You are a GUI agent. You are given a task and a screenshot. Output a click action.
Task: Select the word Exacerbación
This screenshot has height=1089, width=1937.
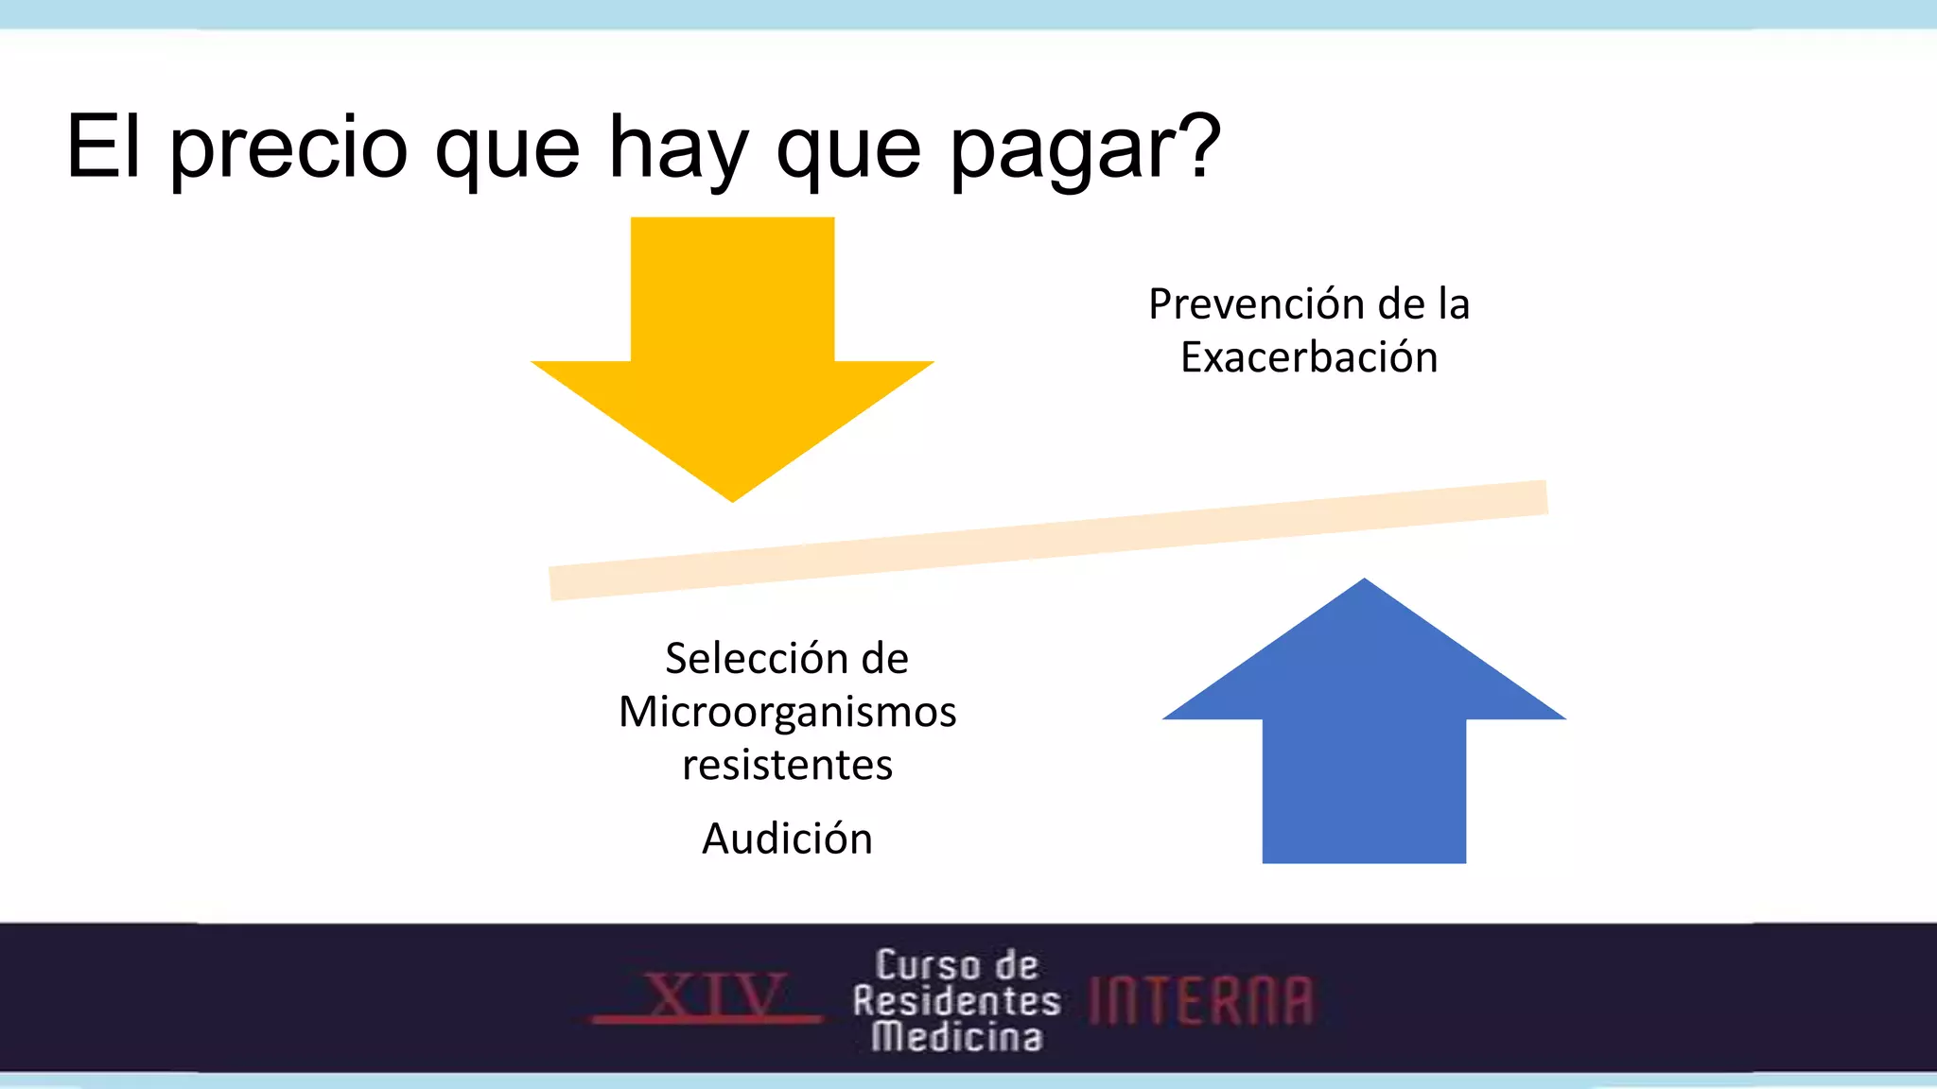(1309, 357)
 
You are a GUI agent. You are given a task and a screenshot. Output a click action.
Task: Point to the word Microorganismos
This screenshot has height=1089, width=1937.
(787, 711)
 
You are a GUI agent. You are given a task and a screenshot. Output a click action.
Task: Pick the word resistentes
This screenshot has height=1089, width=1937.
(787, 764)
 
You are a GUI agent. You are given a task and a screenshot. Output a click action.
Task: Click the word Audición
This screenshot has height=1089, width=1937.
(787, 838)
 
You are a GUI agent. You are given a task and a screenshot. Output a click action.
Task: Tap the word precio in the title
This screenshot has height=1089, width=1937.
(288, 148)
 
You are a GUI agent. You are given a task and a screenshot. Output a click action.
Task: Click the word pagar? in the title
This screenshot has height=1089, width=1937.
(1085, 148)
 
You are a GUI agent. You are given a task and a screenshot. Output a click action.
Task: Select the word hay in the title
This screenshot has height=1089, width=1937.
(678, 148)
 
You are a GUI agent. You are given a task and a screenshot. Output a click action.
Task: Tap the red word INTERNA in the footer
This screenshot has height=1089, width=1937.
(1201, 1000)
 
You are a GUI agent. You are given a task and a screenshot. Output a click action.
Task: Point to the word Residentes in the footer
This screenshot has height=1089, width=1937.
(956, 1000)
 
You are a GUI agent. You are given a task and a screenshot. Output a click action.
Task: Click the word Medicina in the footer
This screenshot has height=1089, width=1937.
(956, 1037)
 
